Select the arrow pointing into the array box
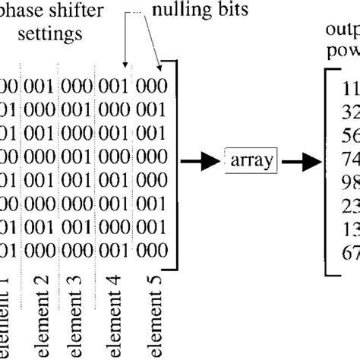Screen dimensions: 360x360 tap(204, 160)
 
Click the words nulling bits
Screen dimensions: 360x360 tap(193, 12)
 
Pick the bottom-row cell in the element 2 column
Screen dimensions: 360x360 tap(39, 250)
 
